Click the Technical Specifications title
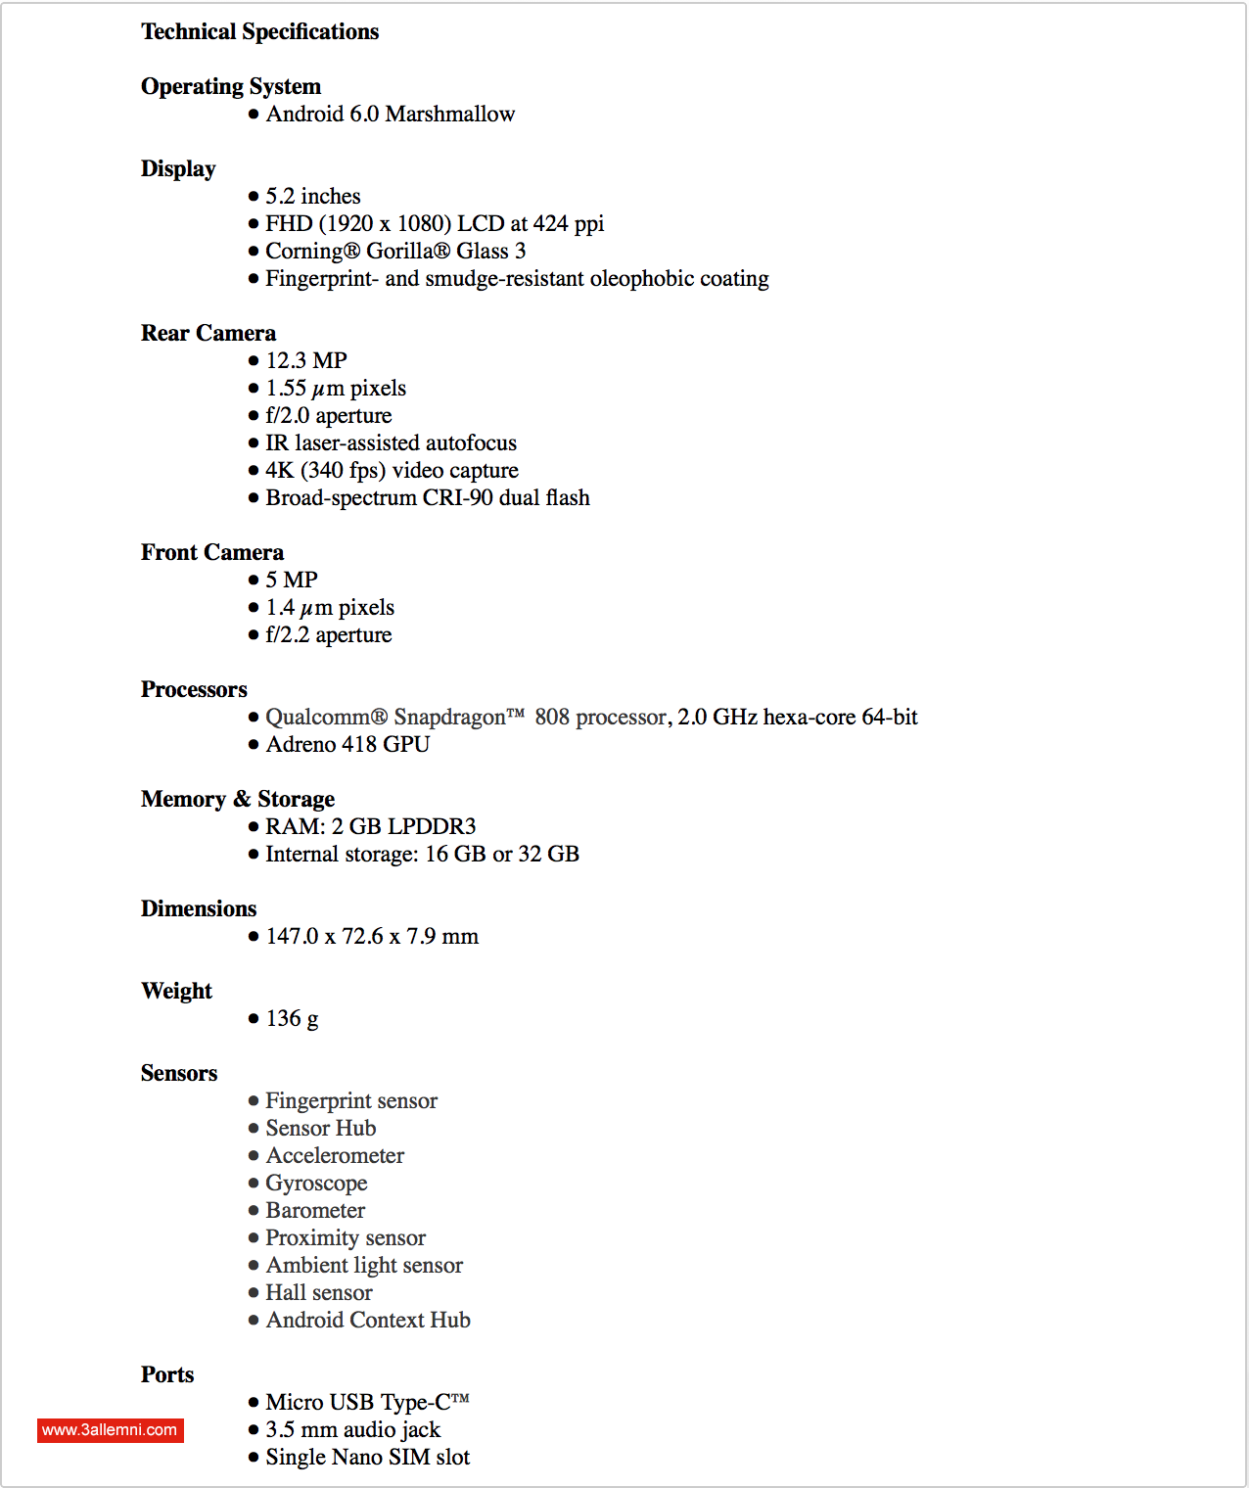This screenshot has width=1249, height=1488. [x=259, y=32]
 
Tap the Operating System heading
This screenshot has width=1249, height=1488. [x=231, y=87]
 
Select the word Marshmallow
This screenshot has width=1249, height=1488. [x=450, y=115]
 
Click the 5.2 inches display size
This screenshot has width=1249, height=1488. [x=313, y=197]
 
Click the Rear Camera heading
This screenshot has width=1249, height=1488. [x=208, y=334]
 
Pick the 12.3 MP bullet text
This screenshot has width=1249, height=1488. [x=306, y=361]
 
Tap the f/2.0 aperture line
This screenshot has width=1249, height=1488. [x=329, y=416]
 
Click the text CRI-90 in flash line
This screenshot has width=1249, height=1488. [x=457, y=498]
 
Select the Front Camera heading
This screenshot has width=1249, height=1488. [x=212, y=553]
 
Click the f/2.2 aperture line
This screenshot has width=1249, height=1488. [x=329, y=635]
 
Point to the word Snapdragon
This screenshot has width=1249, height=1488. [x=450, y=718]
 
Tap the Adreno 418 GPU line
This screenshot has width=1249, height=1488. [x=347, y=745]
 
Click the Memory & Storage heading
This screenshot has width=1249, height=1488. [x=238, y=800]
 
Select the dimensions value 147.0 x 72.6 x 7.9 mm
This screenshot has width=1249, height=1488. [x=372, y=937]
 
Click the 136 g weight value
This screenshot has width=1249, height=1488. [x=292, y=1019]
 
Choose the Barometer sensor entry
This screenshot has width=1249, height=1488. [x=315, y=1211]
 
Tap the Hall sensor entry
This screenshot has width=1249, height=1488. [x=319, y=1293]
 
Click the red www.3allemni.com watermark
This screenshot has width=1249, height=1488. [x=111, y=1430]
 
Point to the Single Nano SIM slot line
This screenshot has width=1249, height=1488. [x=367, y=1458]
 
